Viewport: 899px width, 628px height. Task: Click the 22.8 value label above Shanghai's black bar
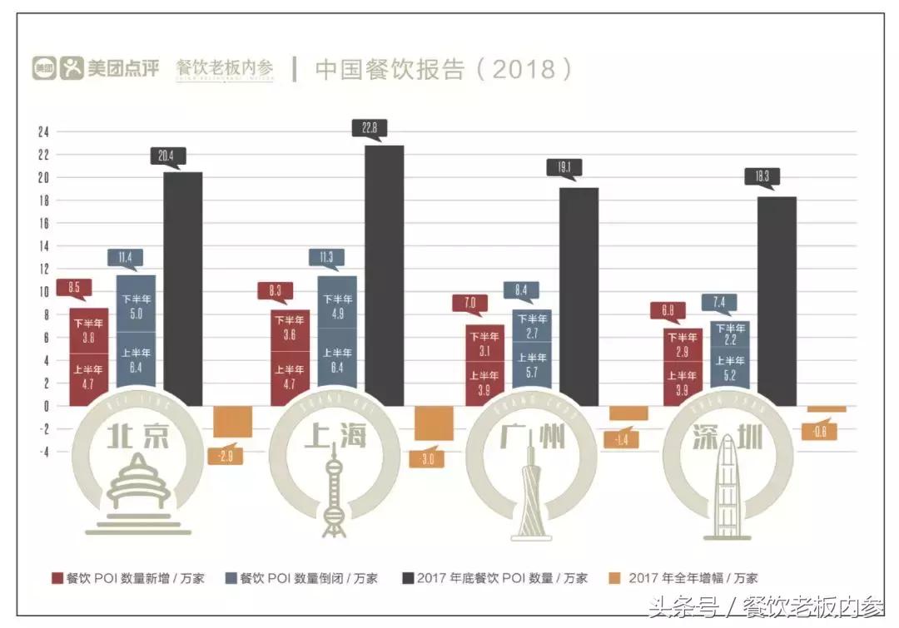370,128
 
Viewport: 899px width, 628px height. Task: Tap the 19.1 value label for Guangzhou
564,167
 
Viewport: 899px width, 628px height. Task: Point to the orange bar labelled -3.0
434,423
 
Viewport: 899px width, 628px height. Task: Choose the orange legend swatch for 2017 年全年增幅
616,578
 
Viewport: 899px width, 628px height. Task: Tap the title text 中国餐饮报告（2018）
444,69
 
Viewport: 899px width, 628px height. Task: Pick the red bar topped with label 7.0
484,365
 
